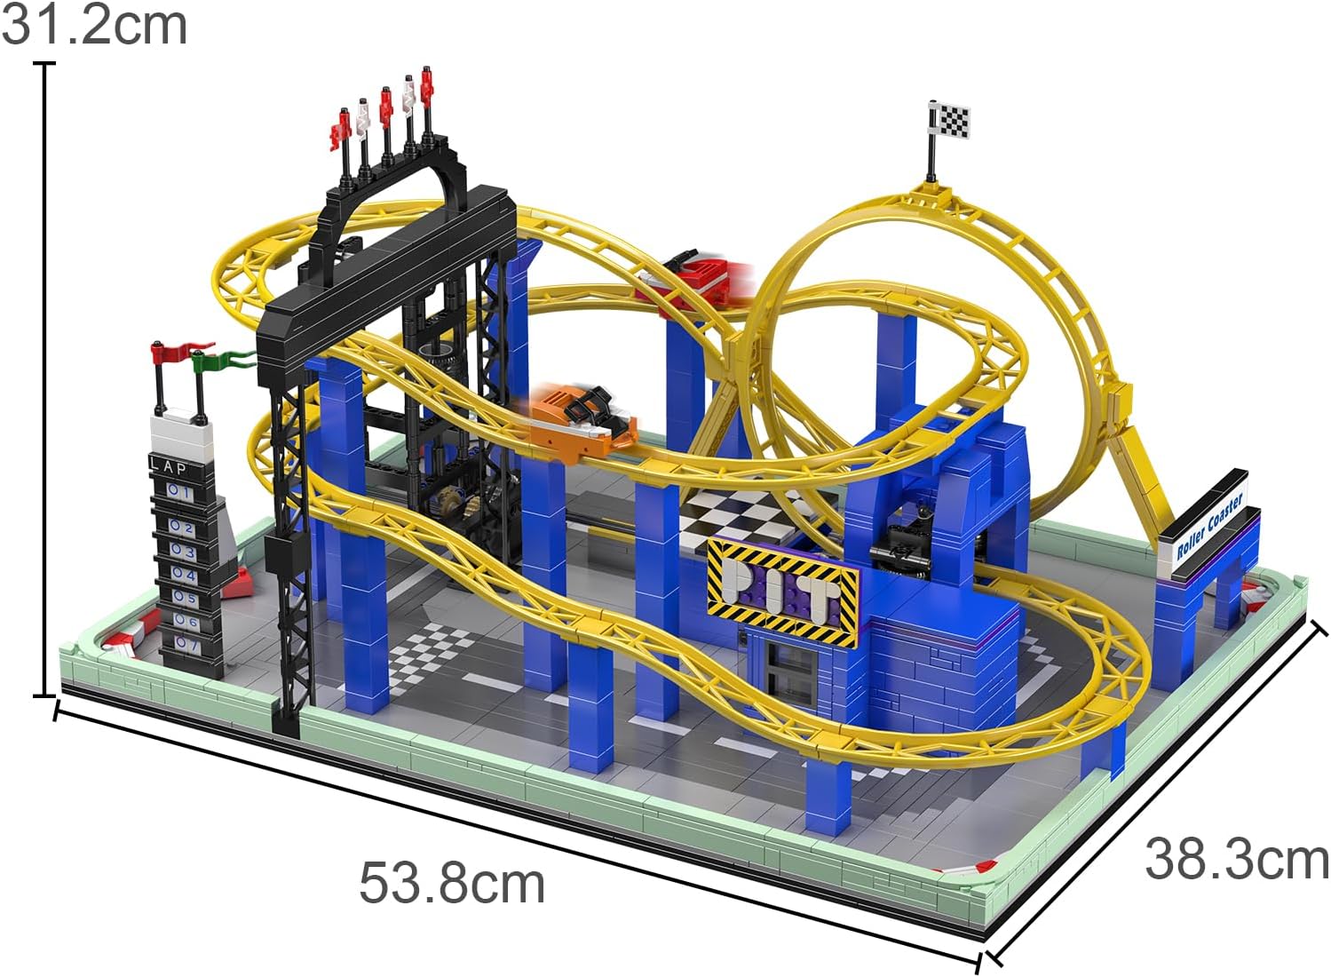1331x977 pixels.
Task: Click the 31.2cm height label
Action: (94, 25)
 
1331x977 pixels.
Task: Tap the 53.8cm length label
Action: (452, 885)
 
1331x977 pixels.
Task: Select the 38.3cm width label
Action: (1237, 860)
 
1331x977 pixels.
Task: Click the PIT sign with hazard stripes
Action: (783, 591)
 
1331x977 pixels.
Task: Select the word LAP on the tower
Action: (169, 466)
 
